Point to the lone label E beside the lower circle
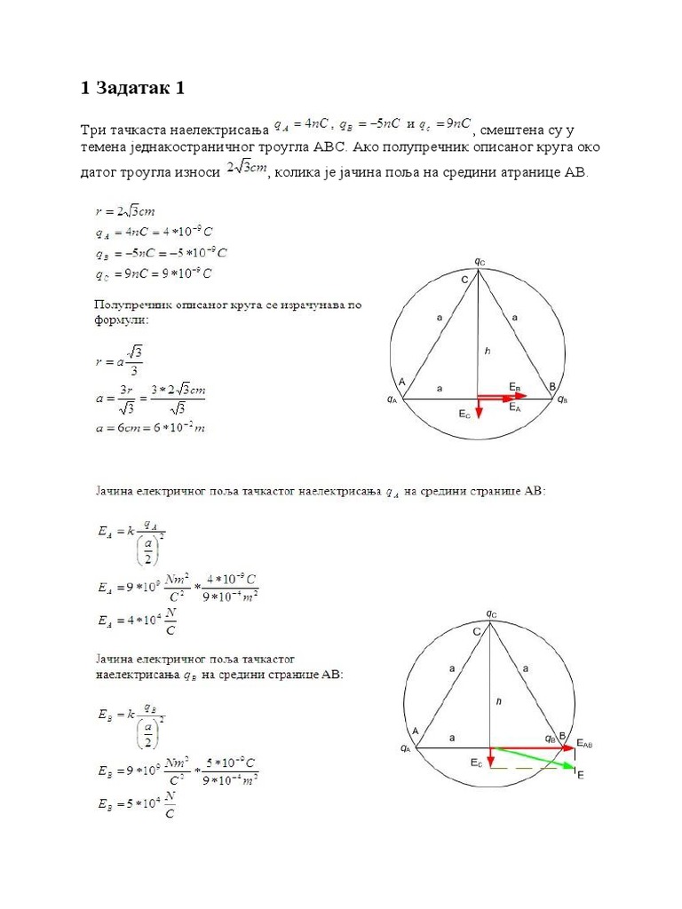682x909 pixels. pyautogui.click(x=581, y=775)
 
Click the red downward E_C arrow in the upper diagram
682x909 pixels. pyautogui.click(x=478, y=407)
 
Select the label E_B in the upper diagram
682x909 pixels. pyautogui.click(x=515, y=385)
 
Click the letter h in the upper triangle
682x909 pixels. pyautogui.click(x=487, y=351)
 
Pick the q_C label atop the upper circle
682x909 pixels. pyautogui.click(x=480, y=261)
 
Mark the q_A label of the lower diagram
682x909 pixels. pyautogui.click(x=406, y=748)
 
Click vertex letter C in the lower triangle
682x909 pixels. pyautogui.click(x=477, y=630)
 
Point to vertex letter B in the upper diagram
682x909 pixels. pyautogui.click(x=552, y=385)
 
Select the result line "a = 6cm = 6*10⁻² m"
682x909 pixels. pyautogui.click(x=150, y=428)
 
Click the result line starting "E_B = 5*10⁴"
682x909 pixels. pyautogui.click(x=135, y=804)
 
